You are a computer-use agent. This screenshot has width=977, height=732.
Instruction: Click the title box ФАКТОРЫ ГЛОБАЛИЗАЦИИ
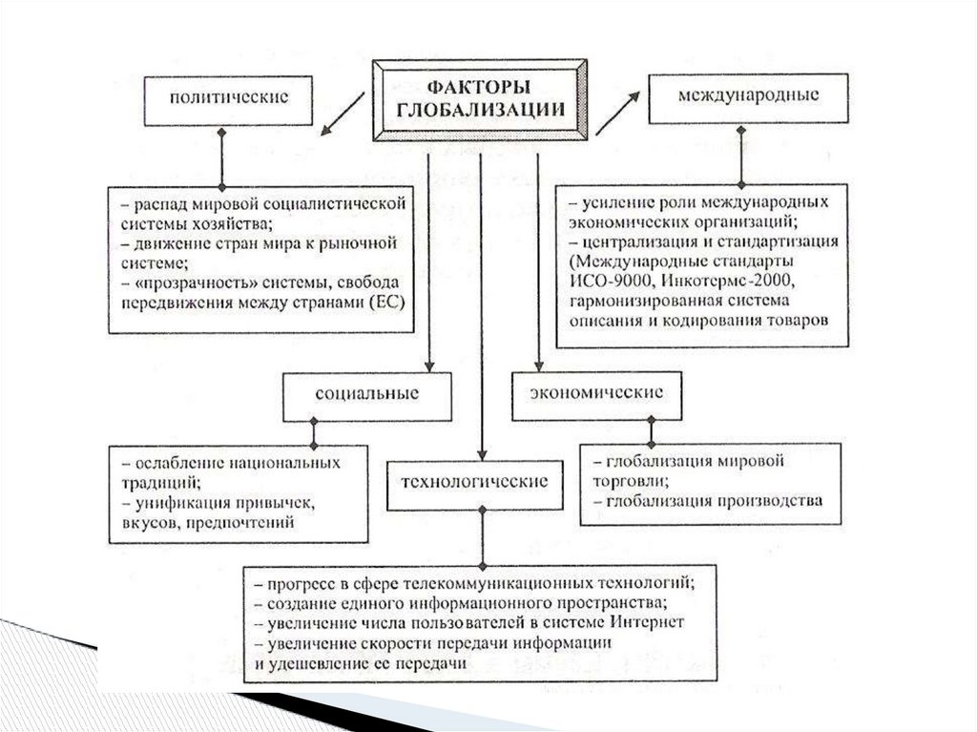[479, 100]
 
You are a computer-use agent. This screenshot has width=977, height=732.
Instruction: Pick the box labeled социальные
[367, 394]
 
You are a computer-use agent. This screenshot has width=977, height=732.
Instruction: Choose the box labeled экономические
[596, 394]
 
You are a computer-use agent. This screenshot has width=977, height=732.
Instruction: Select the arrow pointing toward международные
[618, 113]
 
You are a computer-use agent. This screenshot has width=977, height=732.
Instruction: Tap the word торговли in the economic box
[630, 481]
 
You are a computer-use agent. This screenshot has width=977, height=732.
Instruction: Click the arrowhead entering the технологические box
[483, 453]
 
